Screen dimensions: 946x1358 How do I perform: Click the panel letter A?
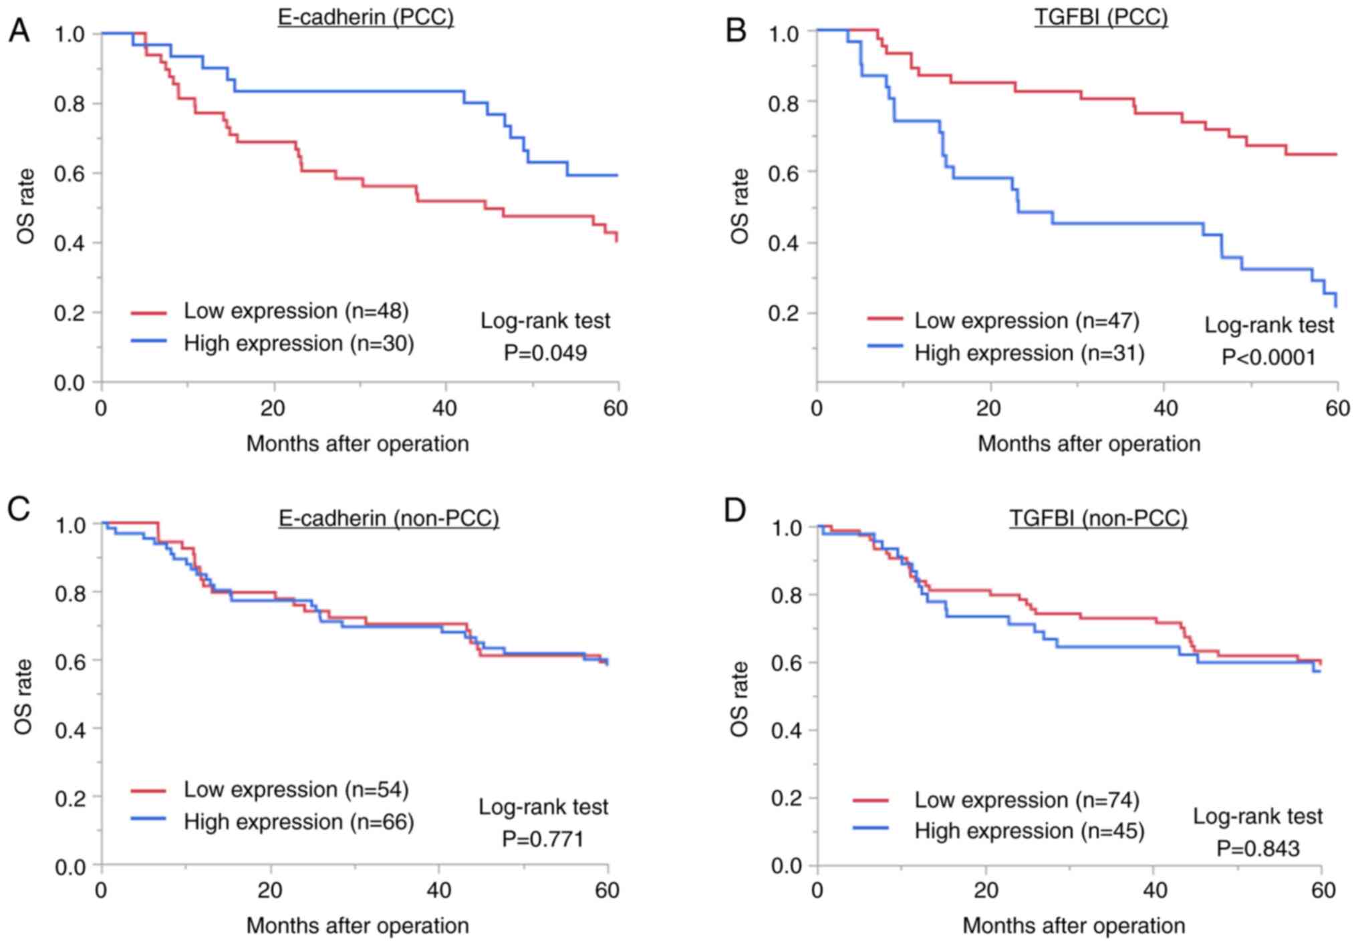pyautogui.click(x=19, y=30)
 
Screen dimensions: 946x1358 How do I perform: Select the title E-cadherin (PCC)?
pyautogui.click(x=366, y=17)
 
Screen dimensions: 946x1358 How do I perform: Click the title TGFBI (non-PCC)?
pyautogui.click(x=1098, y=518)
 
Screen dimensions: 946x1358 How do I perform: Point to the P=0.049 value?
pyautogui.click(x=545, y=352)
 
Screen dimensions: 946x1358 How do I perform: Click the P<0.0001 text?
pyautogui.click(x=1268, y=357)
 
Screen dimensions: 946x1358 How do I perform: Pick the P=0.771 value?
pyautogui.click(x=543, y=838)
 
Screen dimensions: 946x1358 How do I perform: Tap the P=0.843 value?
pyautogui.click(x=1258, y=848)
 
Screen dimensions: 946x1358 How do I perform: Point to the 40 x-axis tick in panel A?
pyautogui.click(x=444, y=408)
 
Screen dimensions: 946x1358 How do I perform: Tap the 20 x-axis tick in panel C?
pyautogui.click(x=271, y=891)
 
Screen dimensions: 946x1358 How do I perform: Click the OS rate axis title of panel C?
pyautogui.click(x=24, y=697)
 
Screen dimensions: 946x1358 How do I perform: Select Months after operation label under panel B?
pyautogui.click(x=1089, y=444)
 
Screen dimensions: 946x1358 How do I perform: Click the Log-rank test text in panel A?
pyautogui.click(x=545, y=321)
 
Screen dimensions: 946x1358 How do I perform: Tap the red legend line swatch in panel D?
pyautogui.click(x=871, y=799)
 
